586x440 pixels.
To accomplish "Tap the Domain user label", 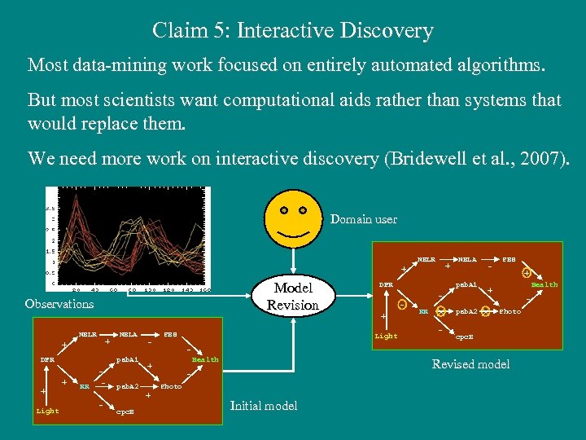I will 363,219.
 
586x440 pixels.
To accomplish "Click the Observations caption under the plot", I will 59,304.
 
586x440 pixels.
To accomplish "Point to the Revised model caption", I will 470,364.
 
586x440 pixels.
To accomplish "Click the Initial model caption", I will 263,405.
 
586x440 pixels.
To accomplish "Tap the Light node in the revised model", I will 386,336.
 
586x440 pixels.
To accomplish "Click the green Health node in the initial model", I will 204,359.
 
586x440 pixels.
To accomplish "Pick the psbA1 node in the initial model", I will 128,359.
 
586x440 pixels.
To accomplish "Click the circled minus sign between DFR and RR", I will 402,305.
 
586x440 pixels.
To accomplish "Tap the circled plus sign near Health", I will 527,273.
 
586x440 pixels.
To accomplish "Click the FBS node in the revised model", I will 509,259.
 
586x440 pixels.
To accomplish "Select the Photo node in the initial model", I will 172,386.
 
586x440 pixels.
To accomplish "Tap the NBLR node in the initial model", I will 88,334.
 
